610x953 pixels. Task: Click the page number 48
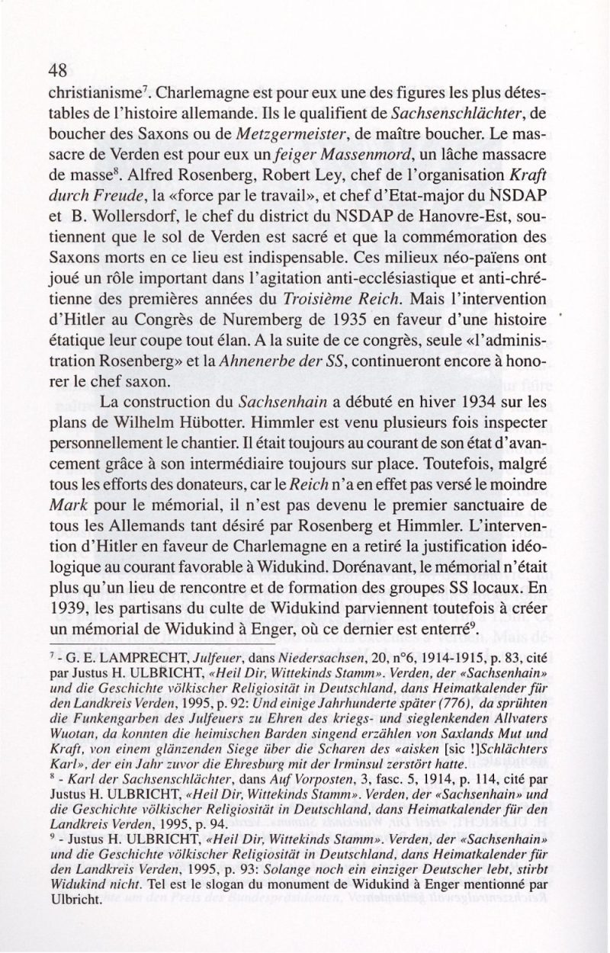point(58,71)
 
